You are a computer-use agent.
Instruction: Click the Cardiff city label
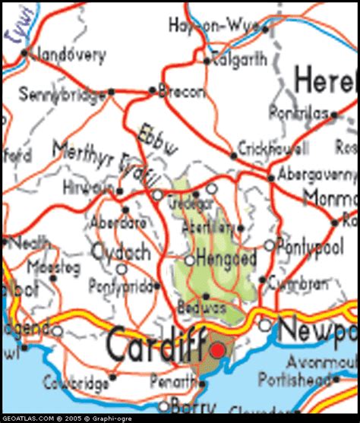(156, 346)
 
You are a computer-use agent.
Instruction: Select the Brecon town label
(181, 92)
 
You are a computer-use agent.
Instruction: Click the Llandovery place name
(67, 54)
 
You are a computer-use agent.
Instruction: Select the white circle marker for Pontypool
(269, 245)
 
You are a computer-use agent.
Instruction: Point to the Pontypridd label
(121, 287)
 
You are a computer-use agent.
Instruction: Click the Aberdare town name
(118, 223)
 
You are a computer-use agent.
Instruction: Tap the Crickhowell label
(273, 148)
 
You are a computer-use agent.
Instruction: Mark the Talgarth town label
(238, 57)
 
